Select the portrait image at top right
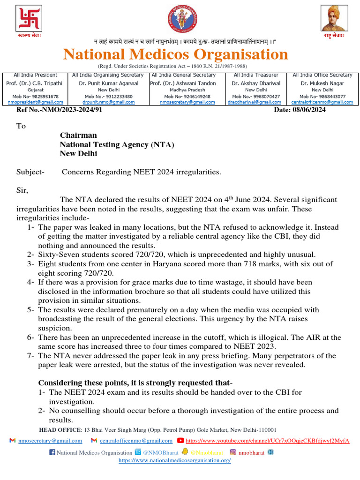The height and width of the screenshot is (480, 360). pyautogui.click(x=334, y=19)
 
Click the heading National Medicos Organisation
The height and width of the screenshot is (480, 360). pyautogui.click(x=176, y=54)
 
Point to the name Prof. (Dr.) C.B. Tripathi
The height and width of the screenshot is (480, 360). pyautogui.click(x=36, y=83)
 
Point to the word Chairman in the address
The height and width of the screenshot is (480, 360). pyautogui.click(x=78, y=135)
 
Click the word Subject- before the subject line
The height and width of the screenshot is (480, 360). pyautogui.click(x=30, y=172)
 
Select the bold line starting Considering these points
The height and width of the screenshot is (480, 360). pyautogui.click(x=135, y=382)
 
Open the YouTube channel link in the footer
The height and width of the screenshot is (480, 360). pyautogui.click(x=267, y=441)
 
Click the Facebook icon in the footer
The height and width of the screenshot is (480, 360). pyautogui.click(x=52, y=452)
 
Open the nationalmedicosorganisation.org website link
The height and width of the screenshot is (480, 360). pyautogui.click(x=175, y=460)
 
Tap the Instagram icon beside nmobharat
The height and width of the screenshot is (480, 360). pyautogui.click(x=232, y=452)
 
